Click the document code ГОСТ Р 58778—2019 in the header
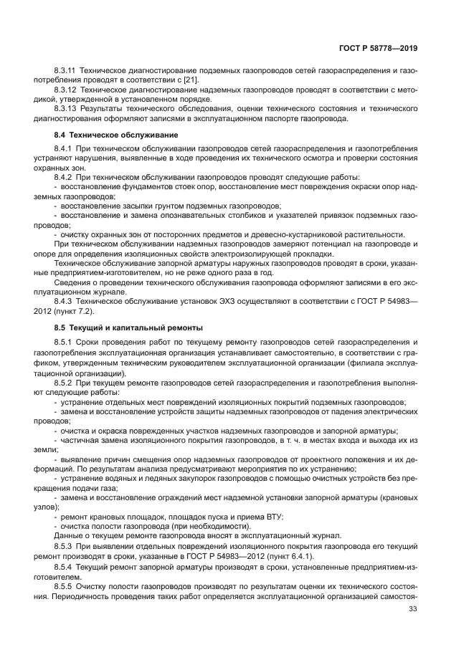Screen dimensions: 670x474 pyautogui.click(x=379, y=48)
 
